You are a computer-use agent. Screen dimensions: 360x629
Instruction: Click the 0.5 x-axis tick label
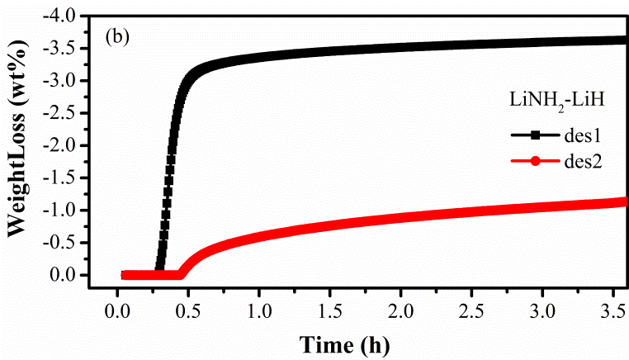click(x=188, y=309)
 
